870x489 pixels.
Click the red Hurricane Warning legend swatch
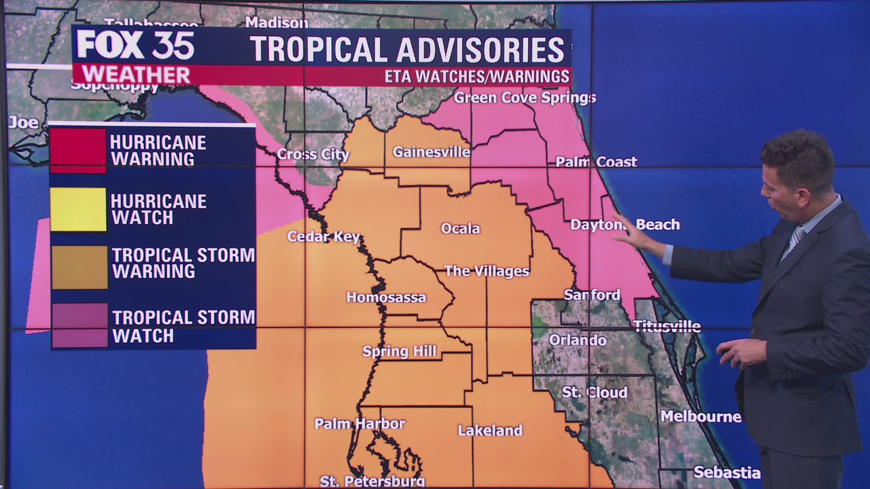coord(78,150)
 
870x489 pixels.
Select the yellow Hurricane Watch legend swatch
coord(78,209)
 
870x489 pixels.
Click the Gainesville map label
coord(431,151)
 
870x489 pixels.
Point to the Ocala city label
coord(460,228)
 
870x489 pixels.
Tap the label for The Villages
coord(487,271)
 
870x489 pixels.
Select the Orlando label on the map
coord(577,339)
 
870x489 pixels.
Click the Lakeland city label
coord(489,430)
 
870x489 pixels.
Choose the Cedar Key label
coord(323,236)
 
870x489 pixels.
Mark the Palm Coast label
coord(596,162)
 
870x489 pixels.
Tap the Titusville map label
coord(667,326)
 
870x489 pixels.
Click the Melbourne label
coord(701,416)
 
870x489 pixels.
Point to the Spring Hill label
coord(399,351)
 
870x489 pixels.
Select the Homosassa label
coord(386,297)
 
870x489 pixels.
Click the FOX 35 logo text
coord(135,46)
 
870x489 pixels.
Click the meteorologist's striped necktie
coord(791,243)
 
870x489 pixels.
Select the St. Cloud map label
coord(594,393)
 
